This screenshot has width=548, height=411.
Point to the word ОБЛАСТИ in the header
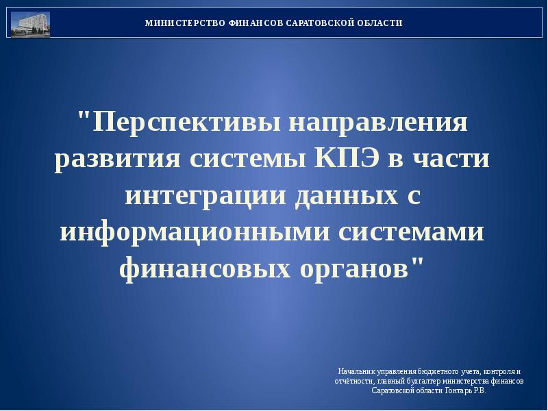379,23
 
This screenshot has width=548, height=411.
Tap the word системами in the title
412,232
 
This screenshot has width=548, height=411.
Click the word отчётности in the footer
351,381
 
